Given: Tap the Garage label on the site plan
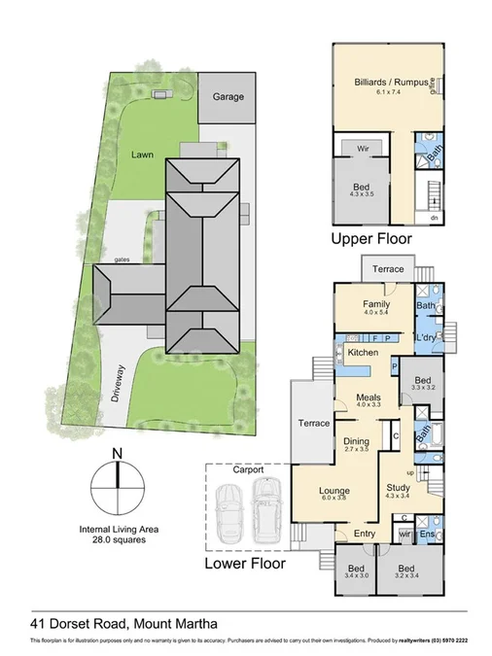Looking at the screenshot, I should [x=228, y=97].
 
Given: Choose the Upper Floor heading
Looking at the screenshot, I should [x=371, y=238].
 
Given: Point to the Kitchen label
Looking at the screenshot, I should [x=363, y=351].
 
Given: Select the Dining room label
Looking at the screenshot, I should [x=357, y=443].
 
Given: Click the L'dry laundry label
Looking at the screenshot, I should [x=425, y=336].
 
